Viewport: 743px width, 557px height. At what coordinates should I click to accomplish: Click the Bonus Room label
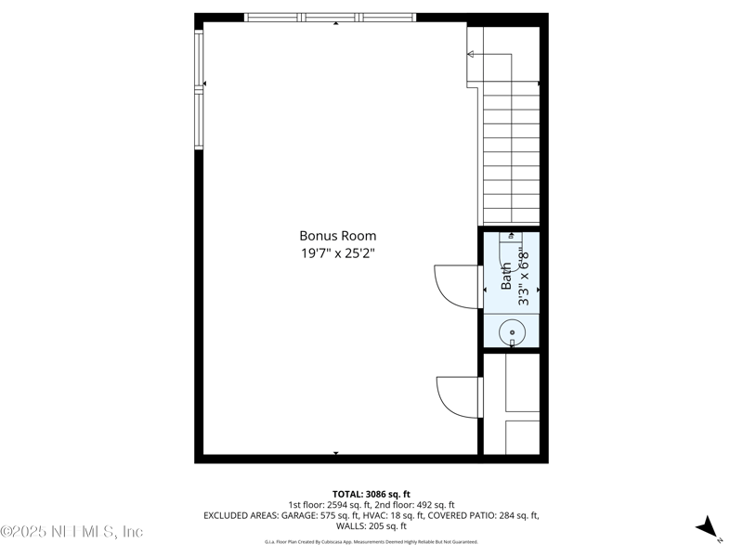(x=337, y=236)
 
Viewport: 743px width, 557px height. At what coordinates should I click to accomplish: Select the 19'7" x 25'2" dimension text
(x=337, y=253)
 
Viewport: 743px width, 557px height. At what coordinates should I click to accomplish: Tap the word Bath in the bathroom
(x=507, y=278)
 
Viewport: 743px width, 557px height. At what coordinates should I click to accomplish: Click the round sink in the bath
(x=512, y=331)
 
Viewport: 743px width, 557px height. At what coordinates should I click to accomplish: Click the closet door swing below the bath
(x=458, y=397)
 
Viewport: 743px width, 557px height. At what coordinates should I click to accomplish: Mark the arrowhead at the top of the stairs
(x=471, y=55)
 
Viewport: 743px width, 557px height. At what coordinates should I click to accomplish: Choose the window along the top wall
(x=330, y=17)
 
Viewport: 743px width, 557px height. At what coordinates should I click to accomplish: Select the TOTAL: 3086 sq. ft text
(x=371, y=494)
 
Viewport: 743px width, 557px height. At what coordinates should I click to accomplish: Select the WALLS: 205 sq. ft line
(x=371, y=525)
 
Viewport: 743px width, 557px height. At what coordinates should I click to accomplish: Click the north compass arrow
(x=709, y=527)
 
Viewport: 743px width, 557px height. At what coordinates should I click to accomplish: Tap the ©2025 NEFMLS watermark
(x=72, y=532)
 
